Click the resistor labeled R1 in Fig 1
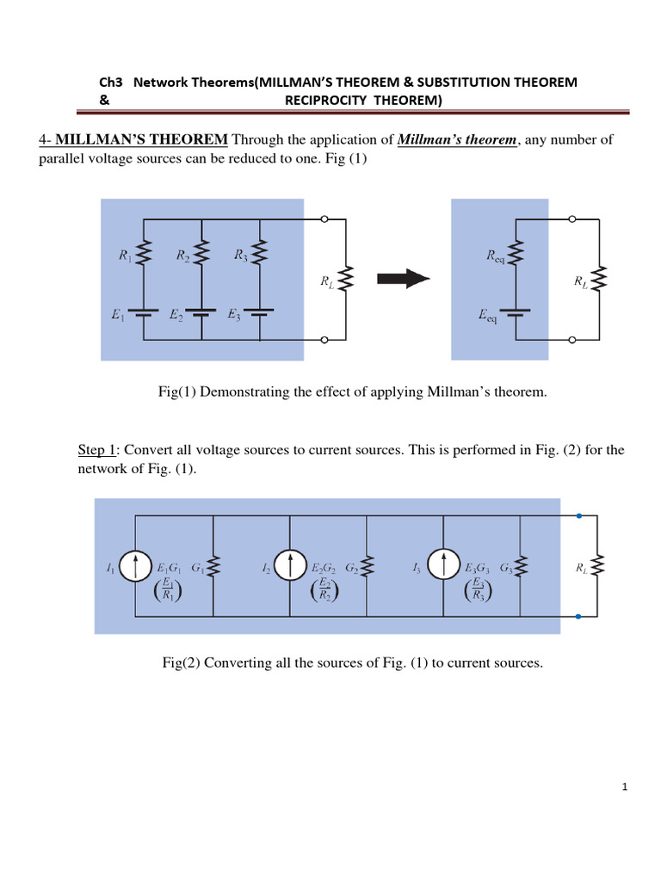point(144,253)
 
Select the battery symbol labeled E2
point(201,315)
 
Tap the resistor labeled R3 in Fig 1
point(260,253)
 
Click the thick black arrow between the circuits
point(404,278)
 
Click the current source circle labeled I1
point(135,566)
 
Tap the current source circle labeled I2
point(290,566)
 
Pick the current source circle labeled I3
point(443,566)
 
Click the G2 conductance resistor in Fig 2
point(368,566)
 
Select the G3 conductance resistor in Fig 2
point(522,566)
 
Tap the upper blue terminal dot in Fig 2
point(579,516)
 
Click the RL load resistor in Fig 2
point(600,566)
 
